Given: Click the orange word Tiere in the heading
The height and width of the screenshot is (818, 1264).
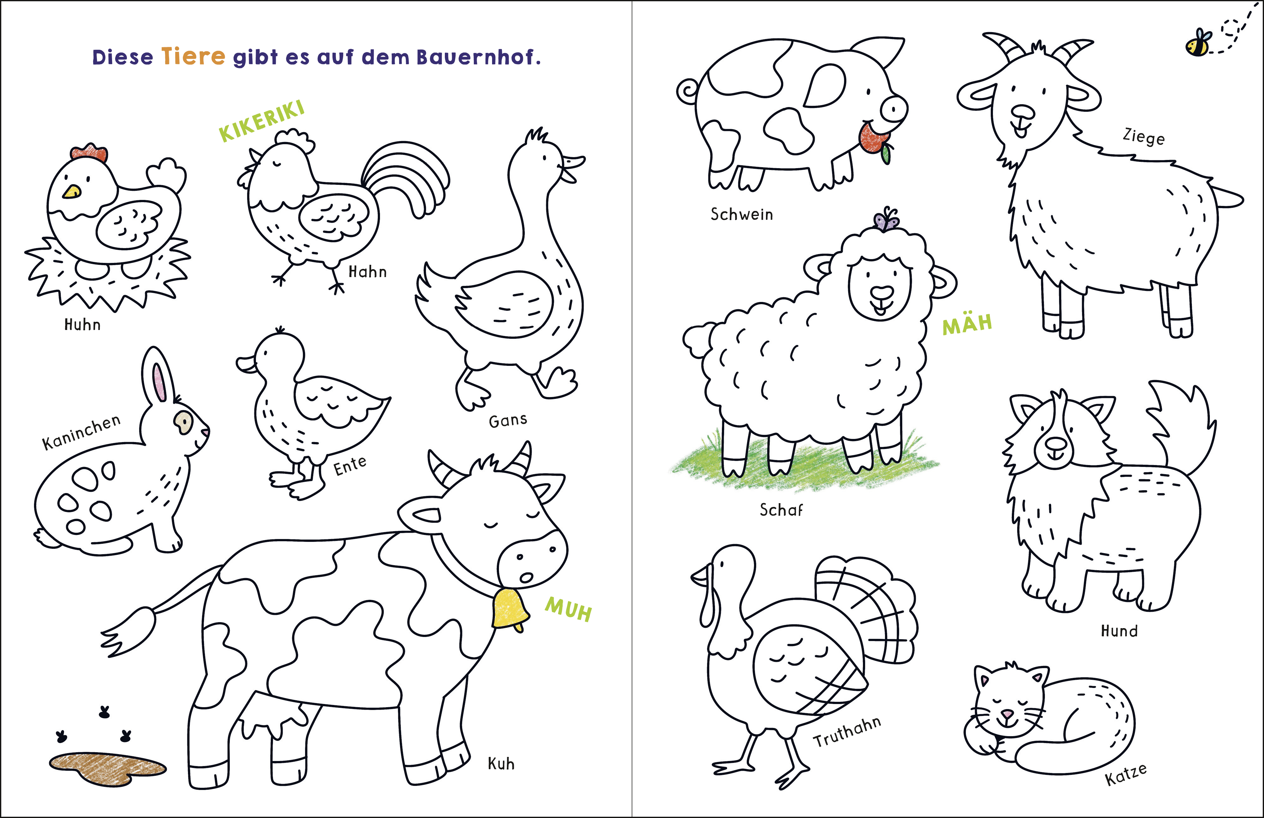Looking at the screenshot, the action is click(193, 56).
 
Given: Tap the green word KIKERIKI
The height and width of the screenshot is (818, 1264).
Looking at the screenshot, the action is click(262, 121).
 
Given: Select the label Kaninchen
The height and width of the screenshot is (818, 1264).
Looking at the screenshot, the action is click(81, 432).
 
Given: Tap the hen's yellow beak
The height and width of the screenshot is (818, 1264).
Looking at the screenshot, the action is click(72, 191).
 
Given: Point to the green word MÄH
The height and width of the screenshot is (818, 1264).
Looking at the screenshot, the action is click(967, 323).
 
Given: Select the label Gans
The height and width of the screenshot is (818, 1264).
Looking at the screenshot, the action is click(508, 421).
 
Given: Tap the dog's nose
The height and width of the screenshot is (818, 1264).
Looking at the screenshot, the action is click(1055, 442).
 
